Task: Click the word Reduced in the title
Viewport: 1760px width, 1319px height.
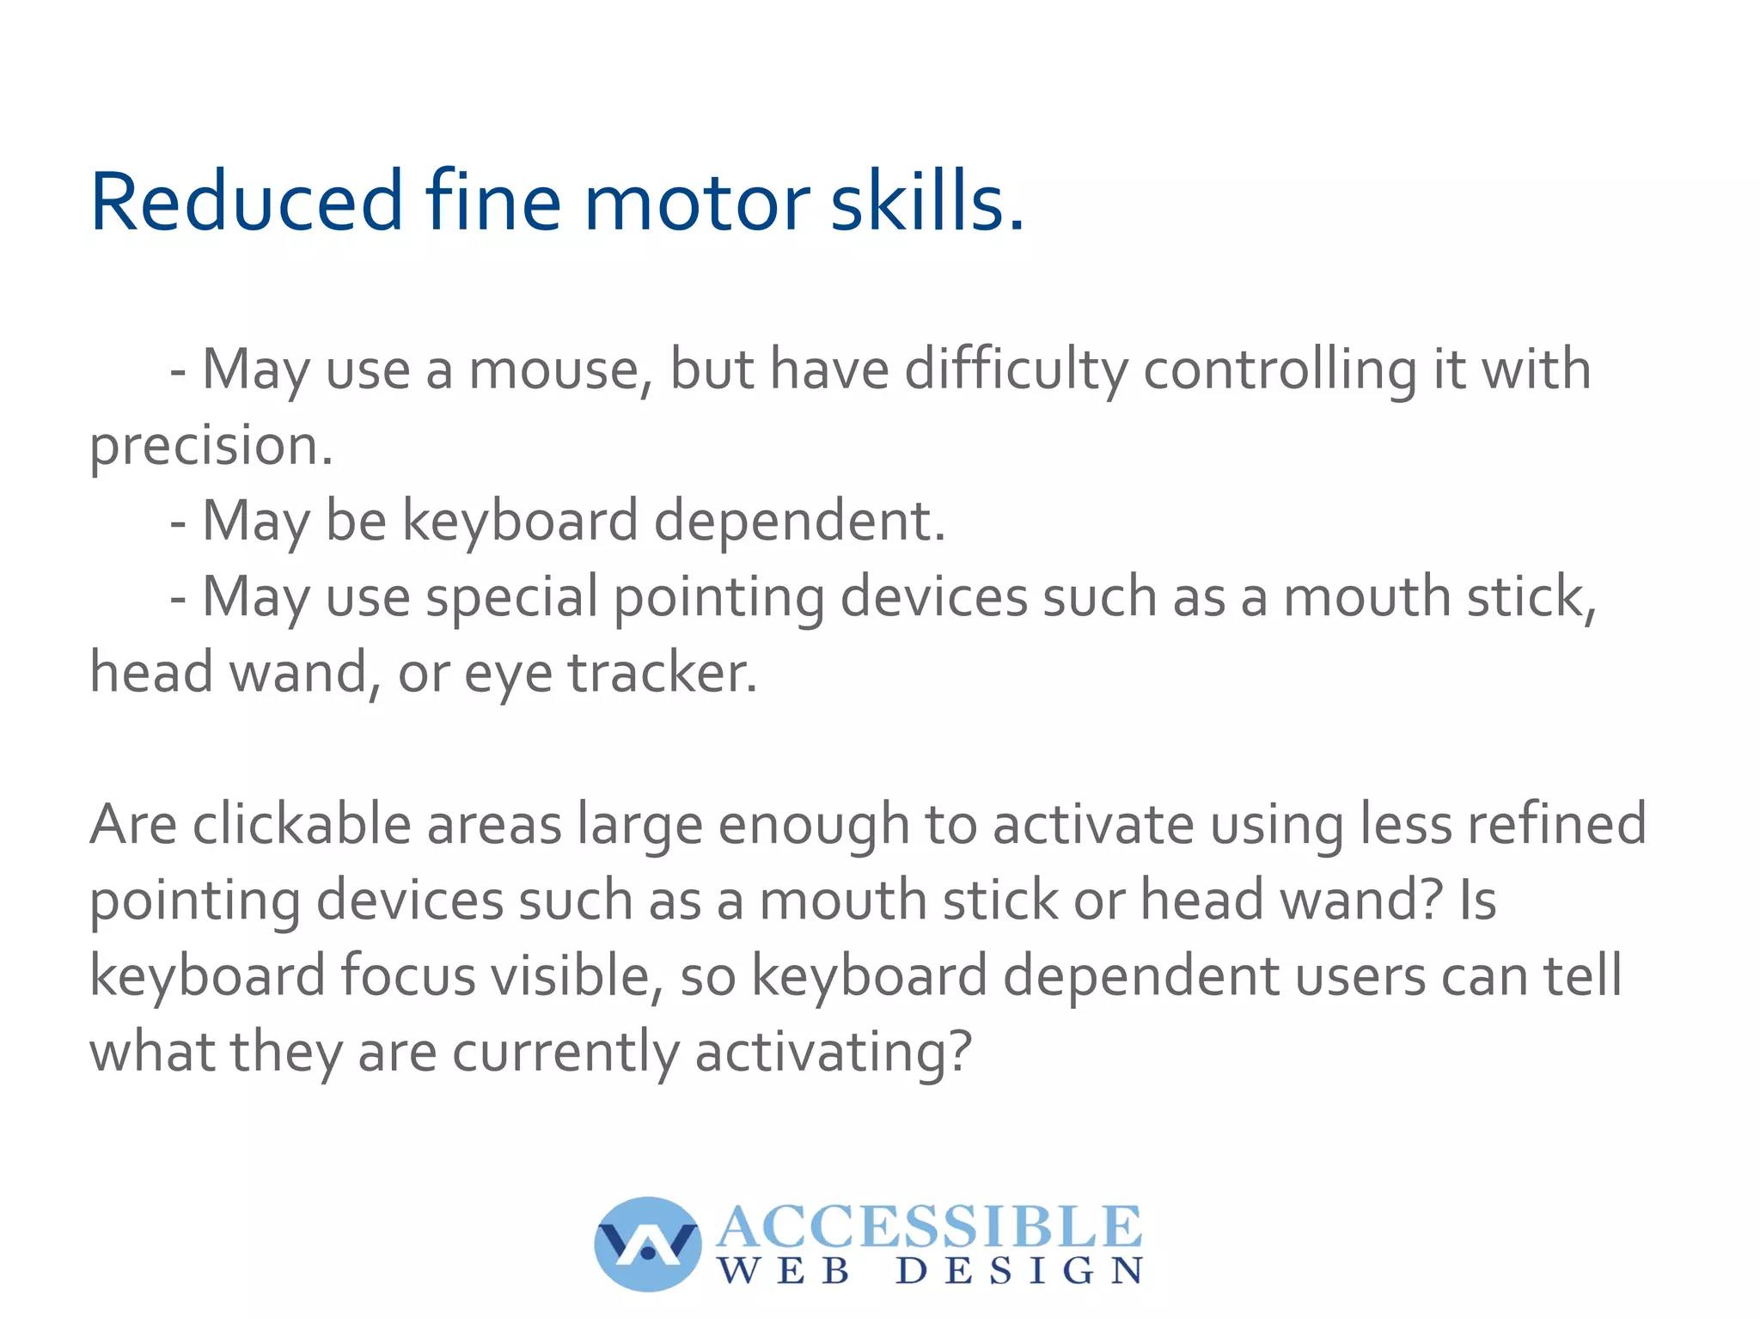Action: pyautogui.click(x=246, y=203)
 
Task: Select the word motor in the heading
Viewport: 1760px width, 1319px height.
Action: pyautogui.click(x=696, y=203)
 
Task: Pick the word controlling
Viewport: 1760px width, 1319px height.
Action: pyautogui.click(x=1280, y=370)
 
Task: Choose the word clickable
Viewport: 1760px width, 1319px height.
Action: pyautogui.click(x=302, y=824)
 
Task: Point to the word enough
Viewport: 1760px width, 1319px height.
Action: pyautogui.click(x=813, y=826)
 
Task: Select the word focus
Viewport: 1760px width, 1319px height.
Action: pyautogui.click(x=407, y=976)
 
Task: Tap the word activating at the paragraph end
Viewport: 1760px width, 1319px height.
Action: pyautogui.click(x=833, y=1053)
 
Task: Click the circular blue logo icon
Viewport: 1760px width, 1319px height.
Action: pyautogui.click(x=648, y=1243)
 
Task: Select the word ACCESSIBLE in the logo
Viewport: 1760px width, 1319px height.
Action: pyautogui.click(x=929, y=1227)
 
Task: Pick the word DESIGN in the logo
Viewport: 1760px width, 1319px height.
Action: pyautogui.click(x=1019, y=1271)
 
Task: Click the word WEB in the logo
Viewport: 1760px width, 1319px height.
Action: pyautogui.click(x=784, y=1271)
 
